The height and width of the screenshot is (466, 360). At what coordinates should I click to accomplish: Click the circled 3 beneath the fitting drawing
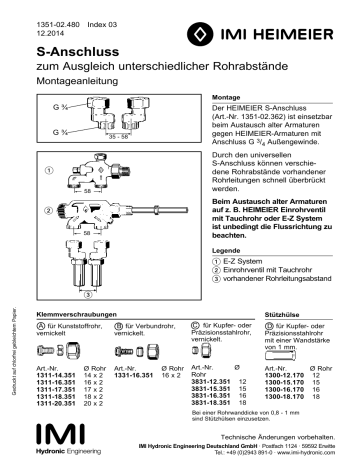87,296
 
